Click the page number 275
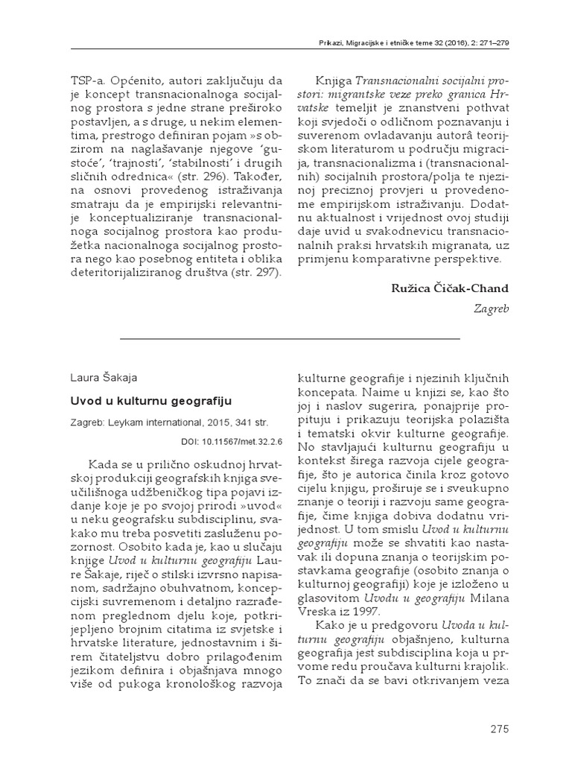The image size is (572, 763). pyautogui.click(x=500, y=726)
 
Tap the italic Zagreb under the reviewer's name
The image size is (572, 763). pyautogui.click(x=492, y=308)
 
